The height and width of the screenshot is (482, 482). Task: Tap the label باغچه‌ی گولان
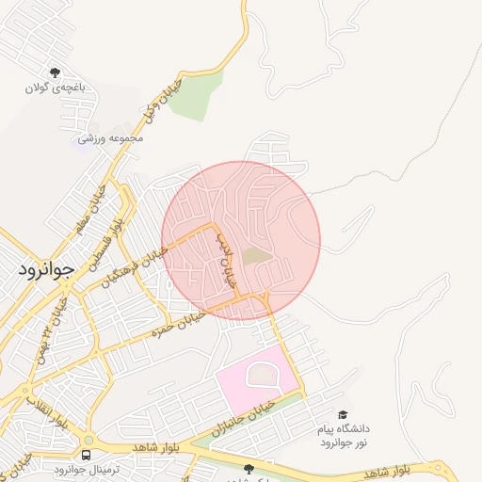tap(56, 88)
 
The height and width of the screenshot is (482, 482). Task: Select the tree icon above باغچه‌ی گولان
tap(56, 72)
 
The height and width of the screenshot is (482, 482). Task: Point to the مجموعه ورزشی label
tap(110, 138)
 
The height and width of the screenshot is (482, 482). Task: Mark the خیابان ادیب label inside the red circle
tap(225, 261)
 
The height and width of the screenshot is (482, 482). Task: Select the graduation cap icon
tap(344, 414)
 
